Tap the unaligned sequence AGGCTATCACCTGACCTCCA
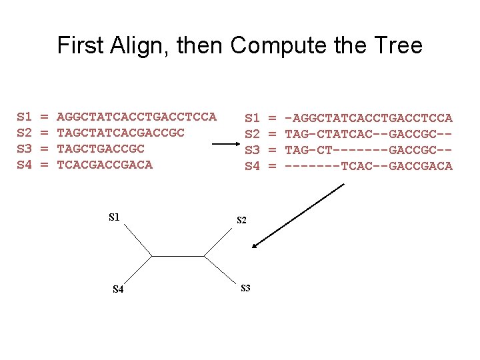[x=137, y=117]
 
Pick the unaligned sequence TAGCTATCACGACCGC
[x=121, y=133]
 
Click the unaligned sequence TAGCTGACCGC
[x=101, y=148]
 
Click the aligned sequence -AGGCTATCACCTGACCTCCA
[x=369, y=118]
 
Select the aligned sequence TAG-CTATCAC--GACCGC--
[x=369, y=133]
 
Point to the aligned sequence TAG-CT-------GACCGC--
[x=369, y=149]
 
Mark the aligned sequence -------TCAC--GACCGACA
[x=369, y=165]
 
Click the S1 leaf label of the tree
[x=114, y=217]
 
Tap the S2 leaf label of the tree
[x=242, y=220]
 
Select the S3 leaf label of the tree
[x=245, y=288]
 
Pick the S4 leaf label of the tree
[x=117, y=289]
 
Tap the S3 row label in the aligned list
[x=252, y=149]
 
